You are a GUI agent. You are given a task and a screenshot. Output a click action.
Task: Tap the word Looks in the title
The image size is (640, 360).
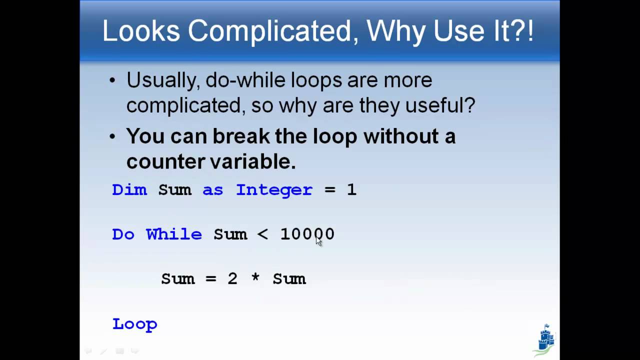click(141, 31)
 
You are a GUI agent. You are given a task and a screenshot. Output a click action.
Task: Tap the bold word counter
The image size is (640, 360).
click(158, 161)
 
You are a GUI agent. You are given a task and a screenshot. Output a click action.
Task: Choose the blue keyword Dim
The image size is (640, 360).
click(129, 190)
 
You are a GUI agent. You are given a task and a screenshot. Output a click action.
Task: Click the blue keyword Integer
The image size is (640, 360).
click(274, 190)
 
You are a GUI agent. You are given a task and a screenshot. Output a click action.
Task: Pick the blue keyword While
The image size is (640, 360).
click(174, 234)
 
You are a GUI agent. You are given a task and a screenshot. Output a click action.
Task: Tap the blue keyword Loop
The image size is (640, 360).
click(135, 324)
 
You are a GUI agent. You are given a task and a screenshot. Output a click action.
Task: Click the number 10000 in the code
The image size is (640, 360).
click(307, 234)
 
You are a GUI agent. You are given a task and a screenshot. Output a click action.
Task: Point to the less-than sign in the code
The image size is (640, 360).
click(262, 234)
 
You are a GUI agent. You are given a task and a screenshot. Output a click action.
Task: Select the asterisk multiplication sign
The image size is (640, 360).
click(255, 278)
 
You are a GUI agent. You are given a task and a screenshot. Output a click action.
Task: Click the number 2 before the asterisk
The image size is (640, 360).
click(232, 278)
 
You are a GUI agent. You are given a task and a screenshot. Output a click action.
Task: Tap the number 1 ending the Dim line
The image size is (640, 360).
click(351, 190)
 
